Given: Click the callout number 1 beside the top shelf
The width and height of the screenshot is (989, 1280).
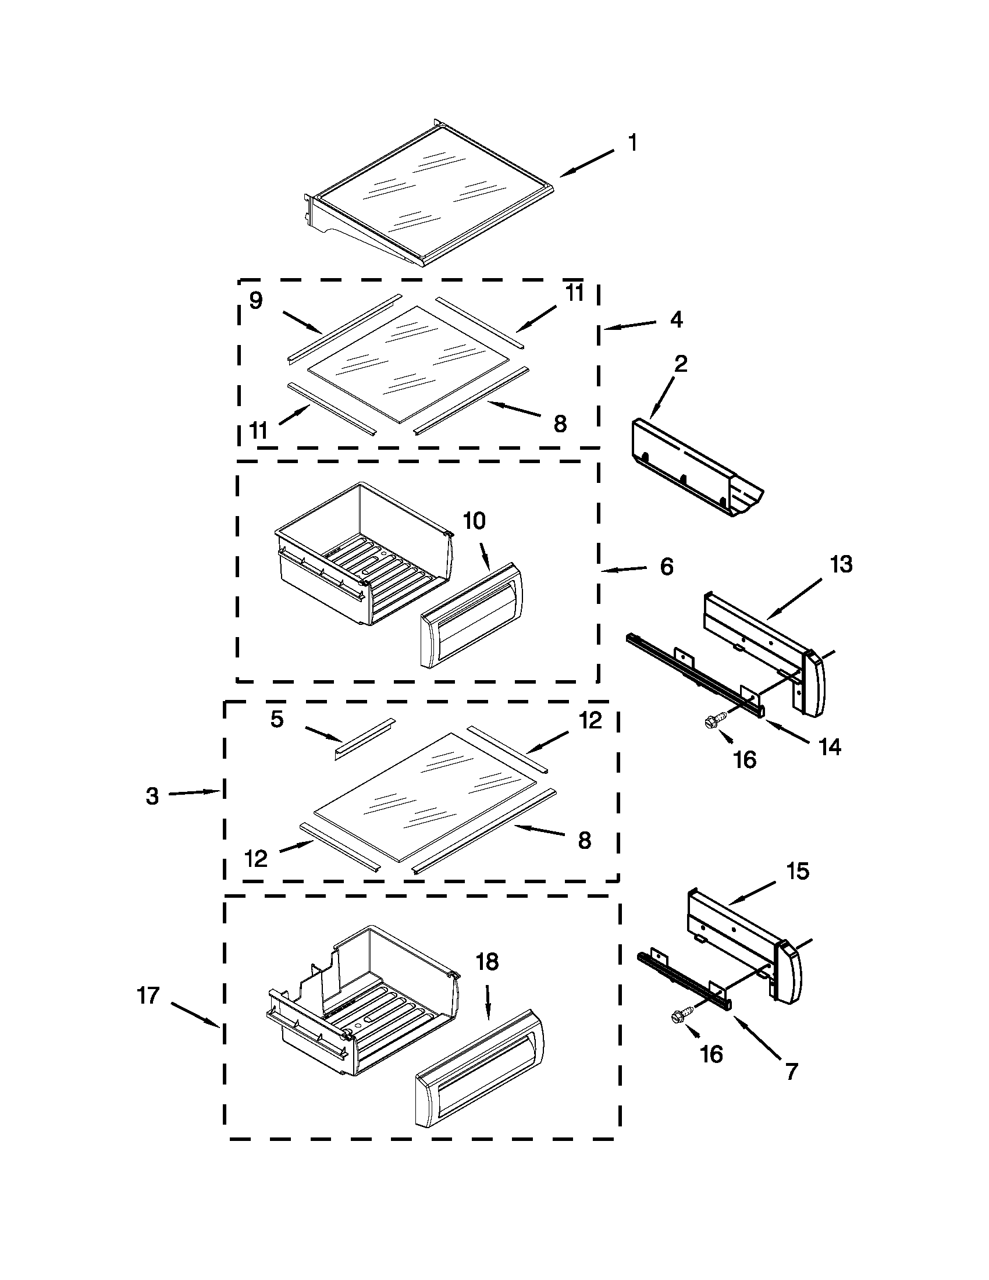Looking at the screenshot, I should click(x=632, y=143).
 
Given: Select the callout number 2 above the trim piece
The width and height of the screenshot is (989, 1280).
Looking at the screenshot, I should click(x=680, y=364).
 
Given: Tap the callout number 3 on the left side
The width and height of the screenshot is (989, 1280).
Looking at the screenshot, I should click(x=152, y=797).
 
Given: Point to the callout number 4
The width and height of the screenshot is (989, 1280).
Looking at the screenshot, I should click(x=676, y=319).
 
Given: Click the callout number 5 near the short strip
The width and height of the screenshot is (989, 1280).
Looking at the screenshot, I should click(x=277, y=719).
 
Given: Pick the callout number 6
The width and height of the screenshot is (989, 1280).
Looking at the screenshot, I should click(x=667, y=567).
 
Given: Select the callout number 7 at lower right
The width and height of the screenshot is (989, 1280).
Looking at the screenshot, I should click(x=791, y=1071).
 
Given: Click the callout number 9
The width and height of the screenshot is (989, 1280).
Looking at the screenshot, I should click(x=256, y=300).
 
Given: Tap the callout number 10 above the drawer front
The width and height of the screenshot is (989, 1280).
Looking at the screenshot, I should click(x=475, y=521).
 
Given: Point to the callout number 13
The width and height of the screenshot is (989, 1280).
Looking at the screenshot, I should click(x=841, y=564).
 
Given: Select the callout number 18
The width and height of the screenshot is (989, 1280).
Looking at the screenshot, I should click(x=488, y=961).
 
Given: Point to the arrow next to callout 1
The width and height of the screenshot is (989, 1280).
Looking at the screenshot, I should click(x=586, y=162).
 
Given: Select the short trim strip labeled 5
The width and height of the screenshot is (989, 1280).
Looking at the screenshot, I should click(x=364, y=738).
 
